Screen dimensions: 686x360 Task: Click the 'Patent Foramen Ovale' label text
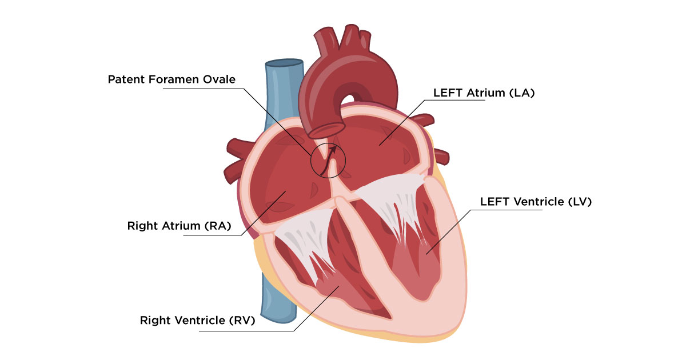pyautogui.click(x=171, y=79)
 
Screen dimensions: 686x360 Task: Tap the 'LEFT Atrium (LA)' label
pyautogui.click(x=484, y=93)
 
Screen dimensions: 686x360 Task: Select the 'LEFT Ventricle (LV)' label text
pyautogui.click(x=536, y=201)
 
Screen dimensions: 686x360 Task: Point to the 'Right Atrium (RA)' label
pyautogui.click(x=179, y=226)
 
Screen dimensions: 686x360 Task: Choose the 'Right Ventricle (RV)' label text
pyautogui.click(x=198, y=320)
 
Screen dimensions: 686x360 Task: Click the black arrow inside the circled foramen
pyautogui.click(x=329, y=161)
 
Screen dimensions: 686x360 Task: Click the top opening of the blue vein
pyautogui.click(x=284, y=63)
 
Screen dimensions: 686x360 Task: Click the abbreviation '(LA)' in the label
pyautogui.click(x=522, y=93)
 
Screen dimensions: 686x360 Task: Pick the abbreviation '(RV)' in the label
pyautogui.click(x=242, y=320)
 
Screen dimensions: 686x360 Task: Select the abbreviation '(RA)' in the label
pyautogui.click(x=218, y=226)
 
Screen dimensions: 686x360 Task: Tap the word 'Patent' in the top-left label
pyautogui.click(x=126, y=79)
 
